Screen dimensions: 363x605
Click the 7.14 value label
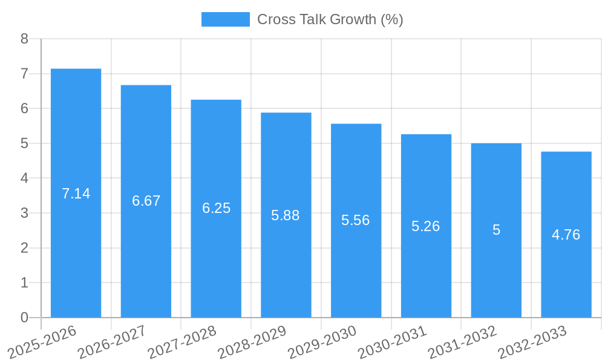[x=76, y=194]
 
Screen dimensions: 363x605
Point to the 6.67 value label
[x=146, y=201]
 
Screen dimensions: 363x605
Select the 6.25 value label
[x=216, y=208]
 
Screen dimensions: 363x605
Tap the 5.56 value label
[x=356, y=220]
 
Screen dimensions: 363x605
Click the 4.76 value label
[x=566, y=235]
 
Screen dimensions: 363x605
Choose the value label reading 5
[x=496, y=230]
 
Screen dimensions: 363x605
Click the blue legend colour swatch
[x=225, y=19]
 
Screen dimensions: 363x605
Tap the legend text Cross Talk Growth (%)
[x=330, y=19]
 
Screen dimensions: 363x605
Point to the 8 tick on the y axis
[x=24, y=39]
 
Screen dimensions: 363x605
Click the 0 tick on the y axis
[x=24, y=318]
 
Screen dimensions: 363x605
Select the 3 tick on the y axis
[x=24, y=213]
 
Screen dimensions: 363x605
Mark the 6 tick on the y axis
[x=24, y=108]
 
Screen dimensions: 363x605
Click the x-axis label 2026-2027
[x=112, y=341]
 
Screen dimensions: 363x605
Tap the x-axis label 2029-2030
[x=322, y=341]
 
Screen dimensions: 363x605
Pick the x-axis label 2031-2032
[x=462, y=341]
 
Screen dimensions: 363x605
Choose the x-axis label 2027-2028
[x=182, y=341]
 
